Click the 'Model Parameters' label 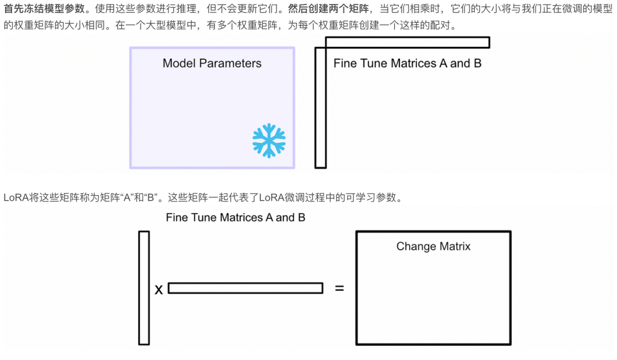pyautogui.click(x=212, y=63)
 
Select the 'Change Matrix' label pyautogui.click(x=434, y=247)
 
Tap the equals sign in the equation pyautogui.click(x=339, y=289)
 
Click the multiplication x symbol pyautogui.click(x=159, y=290)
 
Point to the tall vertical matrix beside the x pyautogui.click(x=144, y=287)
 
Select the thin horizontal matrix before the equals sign pyautogui.click(x=245, y=288)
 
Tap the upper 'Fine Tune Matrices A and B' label pyautogui.click(x=407, y=63)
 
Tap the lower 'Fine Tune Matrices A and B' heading pyautogui.click(x=235, y=218)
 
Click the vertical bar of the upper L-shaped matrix pyautogui.click(x=320, y=109)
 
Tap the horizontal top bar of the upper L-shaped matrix pyautogui.click(x=407, y=42)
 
